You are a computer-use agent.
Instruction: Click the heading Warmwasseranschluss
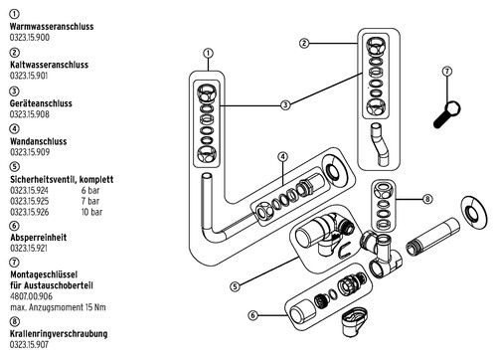52,27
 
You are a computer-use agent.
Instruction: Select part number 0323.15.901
29,76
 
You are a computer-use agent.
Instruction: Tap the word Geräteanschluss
41,103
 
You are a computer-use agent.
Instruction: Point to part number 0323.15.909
30,152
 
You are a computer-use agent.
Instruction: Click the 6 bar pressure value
90,190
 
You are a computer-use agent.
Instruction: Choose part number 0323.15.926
30,212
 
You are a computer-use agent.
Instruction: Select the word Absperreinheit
39,238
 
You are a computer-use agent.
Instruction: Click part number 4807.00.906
32,296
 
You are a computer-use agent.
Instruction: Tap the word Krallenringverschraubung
59,333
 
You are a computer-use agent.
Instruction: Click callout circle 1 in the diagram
208,53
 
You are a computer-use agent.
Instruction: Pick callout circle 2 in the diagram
304,43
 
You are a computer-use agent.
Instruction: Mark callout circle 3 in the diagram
285,105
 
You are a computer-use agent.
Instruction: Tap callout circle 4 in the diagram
282,156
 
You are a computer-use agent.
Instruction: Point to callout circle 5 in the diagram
235,286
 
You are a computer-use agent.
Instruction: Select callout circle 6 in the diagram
252,315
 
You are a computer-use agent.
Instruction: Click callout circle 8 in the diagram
427,199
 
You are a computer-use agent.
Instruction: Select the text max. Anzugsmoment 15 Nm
58,307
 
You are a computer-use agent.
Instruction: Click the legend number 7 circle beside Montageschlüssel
14,263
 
